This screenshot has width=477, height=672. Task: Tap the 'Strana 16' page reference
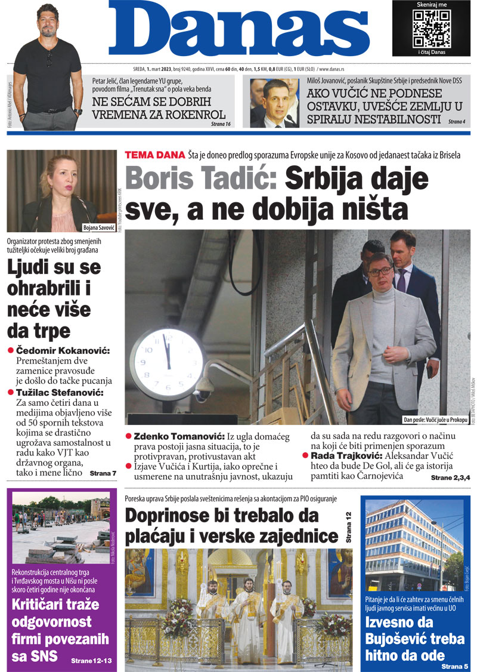click(x=220, y=124)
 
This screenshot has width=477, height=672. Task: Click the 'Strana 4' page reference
click(x=456, y=122)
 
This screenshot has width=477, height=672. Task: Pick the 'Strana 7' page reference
click(x=103, y=473)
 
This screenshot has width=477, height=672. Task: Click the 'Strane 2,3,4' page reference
click(x=451, y=479)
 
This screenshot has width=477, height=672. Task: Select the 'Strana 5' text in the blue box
click(x=455, y=665)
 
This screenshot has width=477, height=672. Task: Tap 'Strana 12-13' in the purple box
click(x=91, y=661)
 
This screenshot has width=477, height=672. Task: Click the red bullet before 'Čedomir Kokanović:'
click(x=10, y=350)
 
